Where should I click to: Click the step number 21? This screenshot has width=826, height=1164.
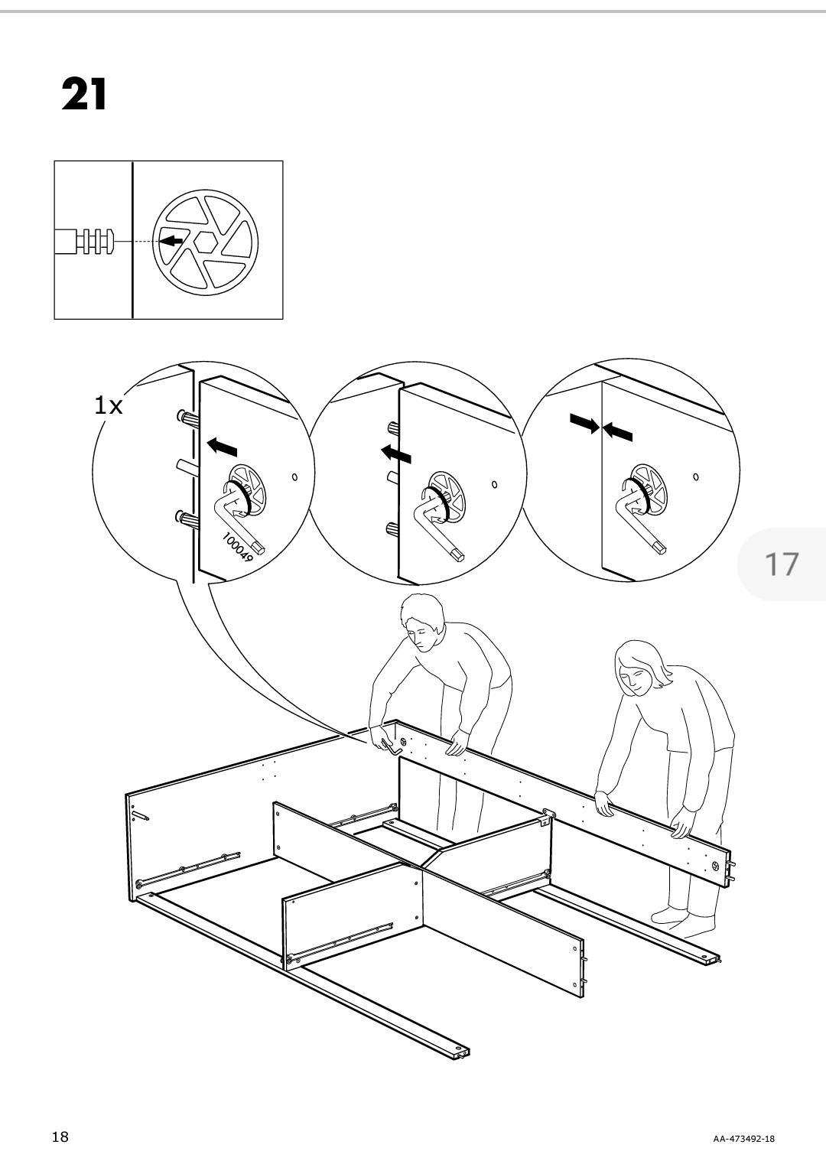tap(84, 96)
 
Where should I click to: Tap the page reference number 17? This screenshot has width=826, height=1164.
tap(782, 564)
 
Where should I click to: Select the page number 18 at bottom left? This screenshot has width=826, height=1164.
tap(60, 1136)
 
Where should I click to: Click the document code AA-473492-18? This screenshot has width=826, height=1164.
tap(743, 1139)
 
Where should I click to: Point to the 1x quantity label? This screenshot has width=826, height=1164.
tap(108, 405)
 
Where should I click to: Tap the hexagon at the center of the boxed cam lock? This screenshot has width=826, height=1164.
tap(205, 241)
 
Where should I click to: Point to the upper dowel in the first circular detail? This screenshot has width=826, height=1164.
tap(187, 418)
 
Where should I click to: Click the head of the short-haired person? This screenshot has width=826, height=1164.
tap(423, 621)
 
